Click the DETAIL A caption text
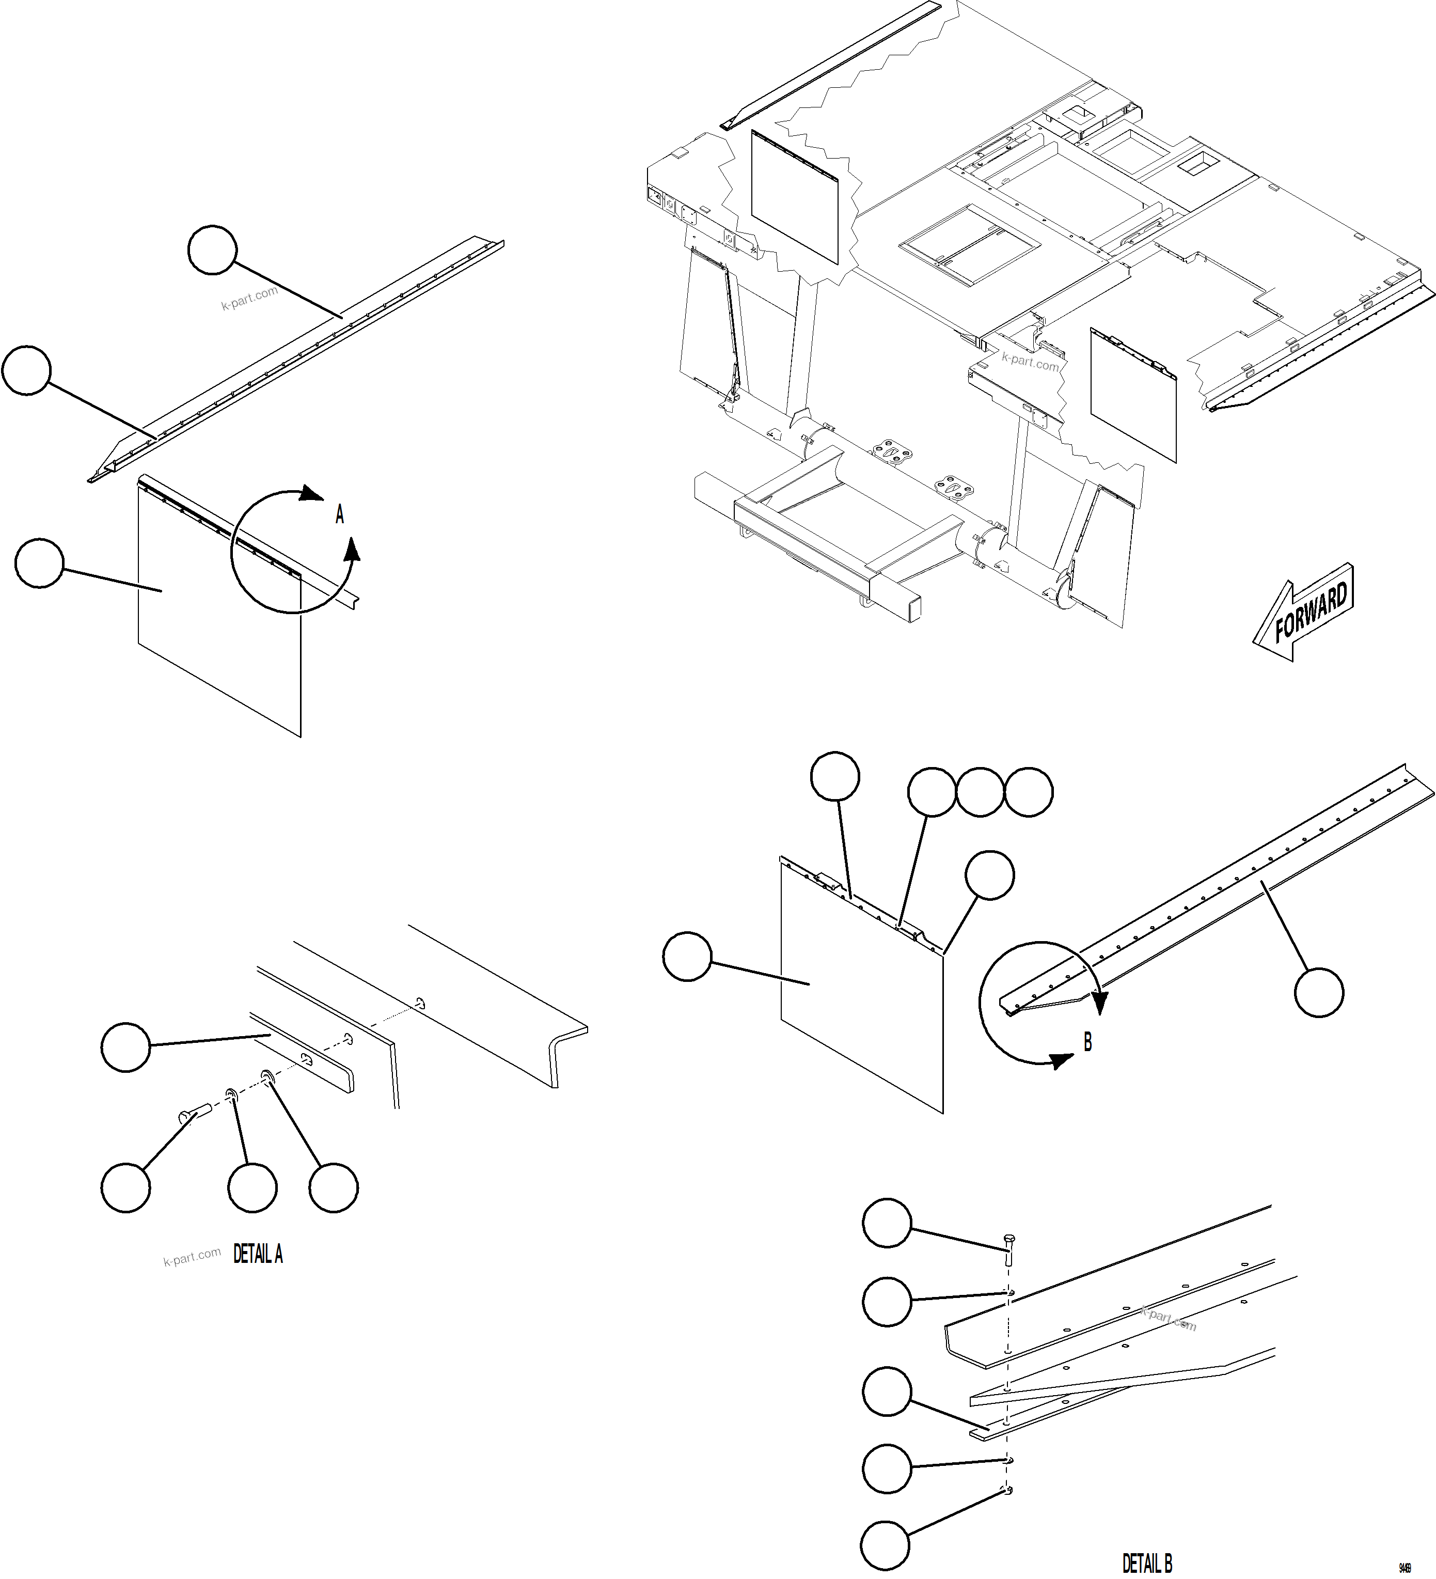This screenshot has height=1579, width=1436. pyautogui.click(x=258, y=1255)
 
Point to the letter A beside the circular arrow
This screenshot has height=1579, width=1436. pyautogui.click(x=340, y=514)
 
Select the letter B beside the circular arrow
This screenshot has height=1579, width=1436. pyautogui.click(x=1087, y=1042)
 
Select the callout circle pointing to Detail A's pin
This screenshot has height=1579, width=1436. pyautogui.click(x=125, y=1187)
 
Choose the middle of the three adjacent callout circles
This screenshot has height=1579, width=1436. pyautogui.click(x=980, y=793)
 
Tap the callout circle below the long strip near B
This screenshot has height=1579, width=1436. pyautogui.click(x=1319, y=992)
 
